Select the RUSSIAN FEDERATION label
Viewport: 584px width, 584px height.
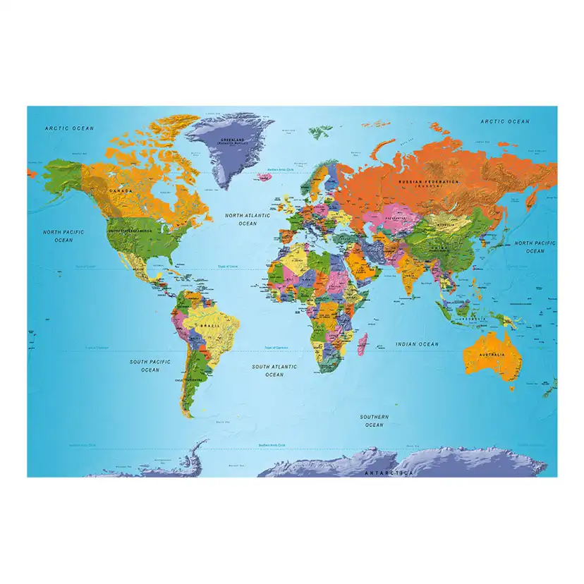(428, 182)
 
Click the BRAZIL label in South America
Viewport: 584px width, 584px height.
(209, 325)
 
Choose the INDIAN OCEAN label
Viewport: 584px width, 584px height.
(417, 344)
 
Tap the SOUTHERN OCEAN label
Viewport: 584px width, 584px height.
(374, 421)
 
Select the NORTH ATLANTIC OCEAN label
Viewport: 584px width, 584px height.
(247, 219)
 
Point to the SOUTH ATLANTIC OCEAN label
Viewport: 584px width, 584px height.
(274, 370)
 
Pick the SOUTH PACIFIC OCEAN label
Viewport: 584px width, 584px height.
(150, 365)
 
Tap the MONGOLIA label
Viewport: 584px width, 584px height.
(443, 225)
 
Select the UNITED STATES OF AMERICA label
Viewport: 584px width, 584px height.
(130, 231)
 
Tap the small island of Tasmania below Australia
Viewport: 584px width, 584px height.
(511, 387)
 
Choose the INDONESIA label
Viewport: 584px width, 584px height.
(470, 317)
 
